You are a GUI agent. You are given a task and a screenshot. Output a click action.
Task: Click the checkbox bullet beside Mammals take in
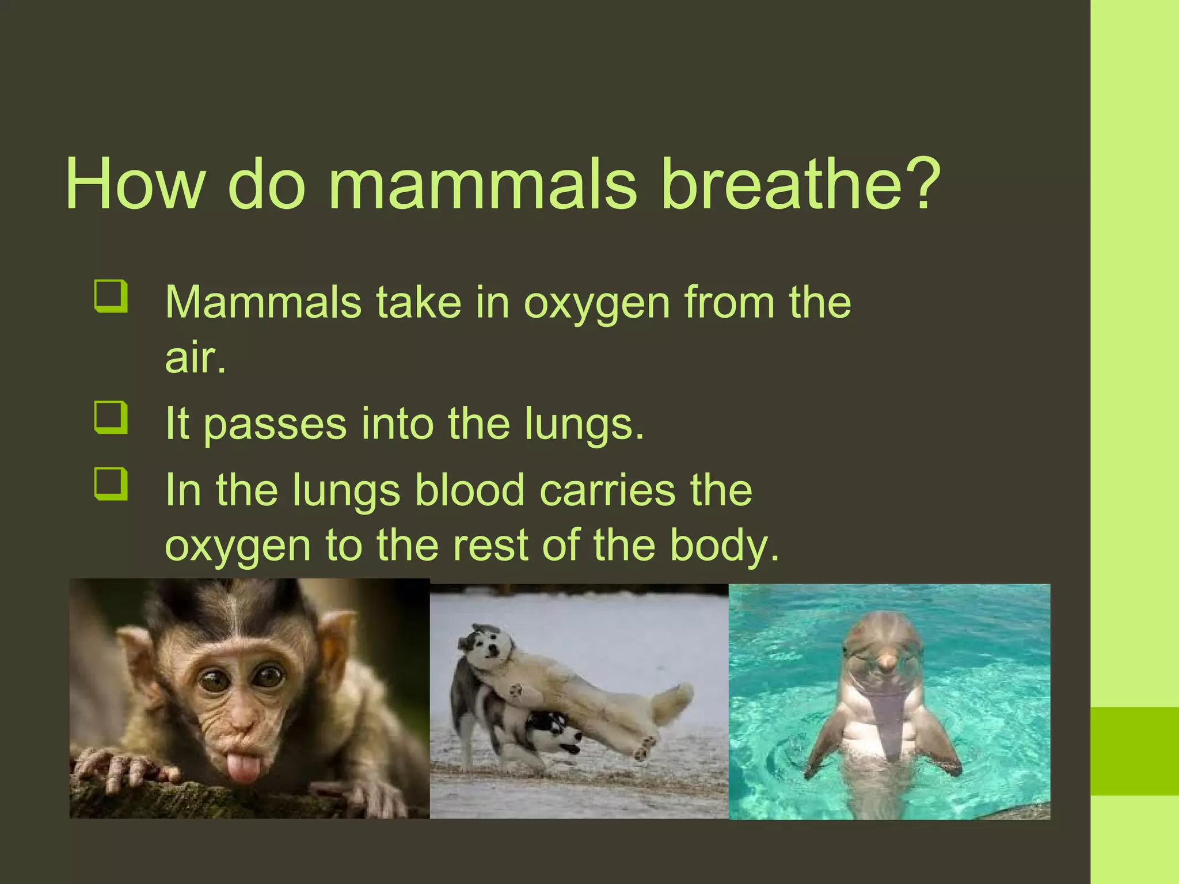tap(110, 296)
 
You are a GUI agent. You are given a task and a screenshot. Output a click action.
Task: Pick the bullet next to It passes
tap(110, 417)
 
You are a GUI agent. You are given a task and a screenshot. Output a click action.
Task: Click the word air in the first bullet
tap(195, 358)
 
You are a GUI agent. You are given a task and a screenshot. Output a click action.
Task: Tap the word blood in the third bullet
tap(470, 490)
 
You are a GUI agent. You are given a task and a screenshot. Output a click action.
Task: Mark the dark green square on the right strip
tap(1135, 751)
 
